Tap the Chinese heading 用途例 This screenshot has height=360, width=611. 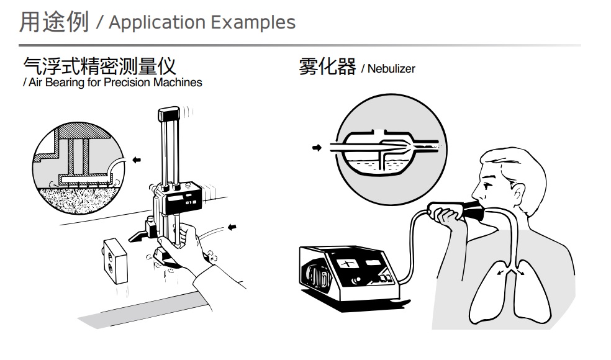tap(54, 22)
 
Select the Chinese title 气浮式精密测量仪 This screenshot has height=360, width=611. tap(99, 66)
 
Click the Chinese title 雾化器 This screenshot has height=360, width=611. tap(327, 67)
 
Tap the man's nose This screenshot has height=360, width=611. tap(474, 189)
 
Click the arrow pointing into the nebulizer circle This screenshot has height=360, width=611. tap(317, 148)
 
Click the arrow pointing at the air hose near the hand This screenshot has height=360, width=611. tap(232, 227)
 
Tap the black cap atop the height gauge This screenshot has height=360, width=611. tap(168, 114)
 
